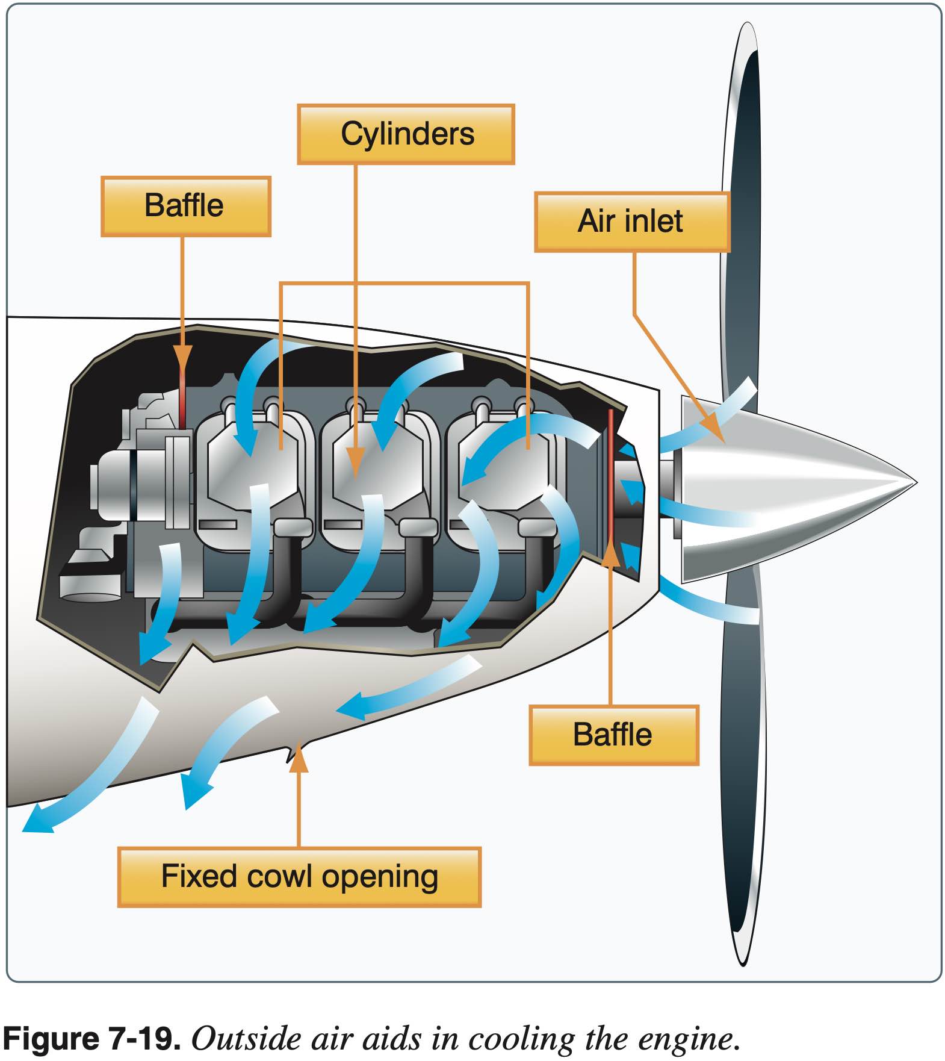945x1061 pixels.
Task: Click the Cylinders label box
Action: click(x=406, y=134)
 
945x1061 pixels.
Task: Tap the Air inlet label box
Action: click(x=631, y=221)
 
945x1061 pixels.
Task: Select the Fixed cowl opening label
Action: click(x=299, y=877)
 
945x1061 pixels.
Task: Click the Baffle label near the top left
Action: click(x=185, y=206)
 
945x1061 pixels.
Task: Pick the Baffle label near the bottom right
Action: click(x=613, y=735)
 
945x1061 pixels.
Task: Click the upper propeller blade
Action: click(x=742, y=211)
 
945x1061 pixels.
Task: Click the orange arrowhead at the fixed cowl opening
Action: click(x=298, y=760)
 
